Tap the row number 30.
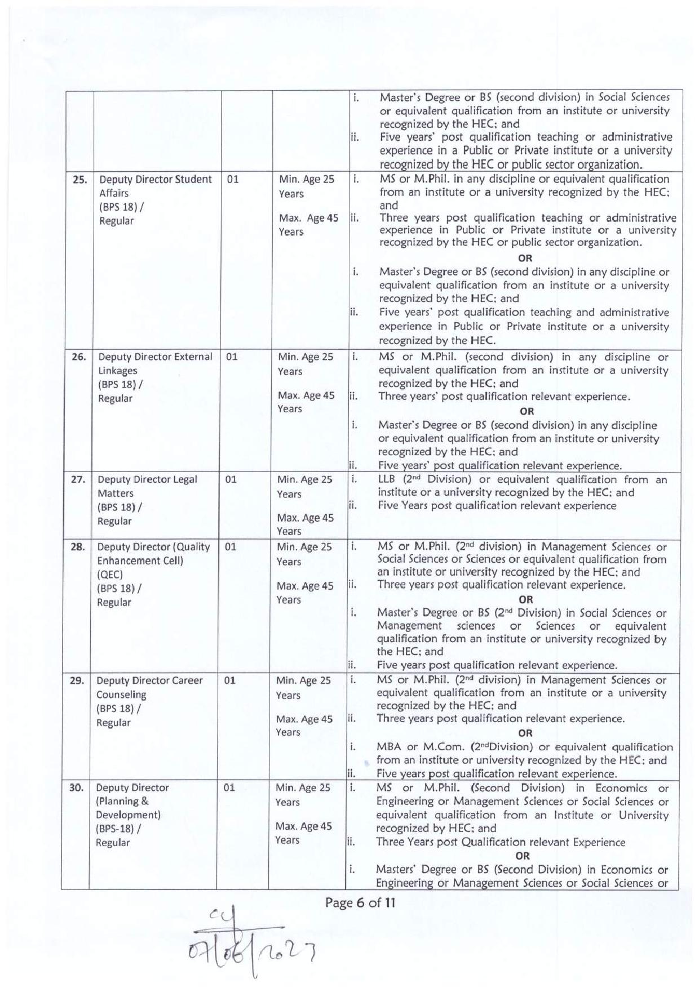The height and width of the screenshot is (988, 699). [76, 787]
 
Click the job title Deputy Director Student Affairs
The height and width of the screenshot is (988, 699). [155, 186]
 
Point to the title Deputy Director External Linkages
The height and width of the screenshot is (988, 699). [155, 363]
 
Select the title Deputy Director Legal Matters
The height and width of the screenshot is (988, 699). [147, 486]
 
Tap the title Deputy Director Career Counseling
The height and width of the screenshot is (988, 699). [149, 687]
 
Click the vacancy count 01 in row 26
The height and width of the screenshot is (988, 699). [232, 357]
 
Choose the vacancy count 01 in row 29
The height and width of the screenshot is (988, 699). [229, 680]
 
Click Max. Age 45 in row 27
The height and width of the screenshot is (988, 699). [305, 518]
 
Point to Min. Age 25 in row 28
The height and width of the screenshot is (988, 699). [304, 547]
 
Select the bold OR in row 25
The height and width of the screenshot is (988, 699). [525, 258]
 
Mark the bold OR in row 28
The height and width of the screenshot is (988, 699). [525, 599]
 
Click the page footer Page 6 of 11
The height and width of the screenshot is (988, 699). [360, 903]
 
